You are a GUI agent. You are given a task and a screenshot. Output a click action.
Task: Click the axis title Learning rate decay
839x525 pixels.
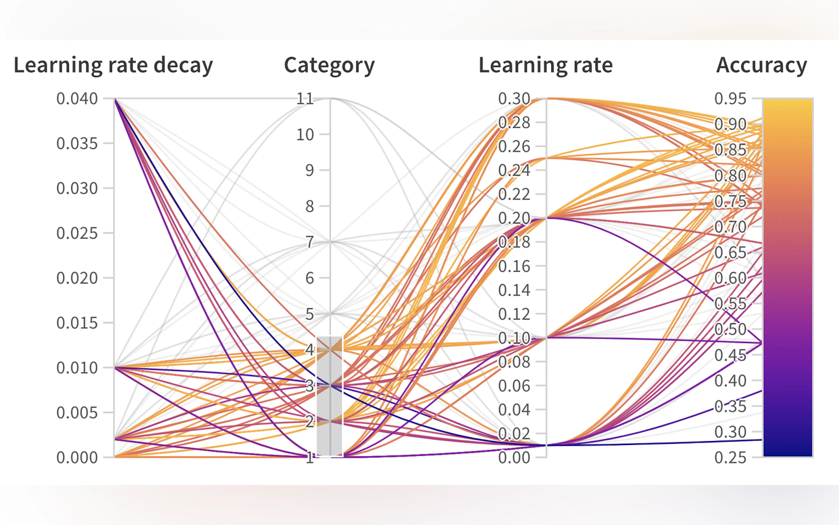click(113, 65)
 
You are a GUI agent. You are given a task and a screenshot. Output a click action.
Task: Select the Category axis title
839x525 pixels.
click(329, 65)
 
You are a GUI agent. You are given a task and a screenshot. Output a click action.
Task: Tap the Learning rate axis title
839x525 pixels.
click(546, 65)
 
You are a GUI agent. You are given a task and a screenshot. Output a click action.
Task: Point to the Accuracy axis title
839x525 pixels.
click(761, 65)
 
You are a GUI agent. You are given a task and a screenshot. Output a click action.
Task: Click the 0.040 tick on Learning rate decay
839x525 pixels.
click(77, 99)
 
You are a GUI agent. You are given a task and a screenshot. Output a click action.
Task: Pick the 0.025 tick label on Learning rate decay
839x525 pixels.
click(77, 233)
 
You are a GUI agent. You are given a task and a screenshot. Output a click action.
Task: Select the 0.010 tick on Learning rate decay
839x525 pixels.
click(77, 368)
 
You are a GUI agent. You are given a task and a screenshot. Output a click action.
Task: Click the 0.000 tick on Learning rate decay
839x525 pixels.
click(77, 458)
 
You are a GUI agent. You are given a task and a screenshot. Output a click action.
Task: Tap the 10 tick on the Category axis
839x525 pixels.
click(305, 135)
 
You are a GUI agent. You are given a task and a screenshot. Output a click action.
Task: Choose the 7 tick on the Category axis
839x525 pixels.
click(310, 242)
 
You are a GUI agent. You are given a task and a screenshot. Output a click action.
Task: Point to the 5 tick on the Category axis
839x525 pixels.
click(310, 314)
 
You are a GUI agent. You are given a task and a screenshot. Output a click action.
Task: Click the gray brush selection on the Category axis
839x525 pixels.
click(330, 396)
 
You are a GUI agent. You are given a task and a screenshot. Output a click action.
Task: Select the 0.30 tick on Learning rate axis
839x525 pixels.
click(514, 99)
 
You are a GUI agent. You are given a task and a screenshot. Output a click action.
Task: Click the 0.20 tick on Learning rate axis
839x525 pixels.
click(514, 219)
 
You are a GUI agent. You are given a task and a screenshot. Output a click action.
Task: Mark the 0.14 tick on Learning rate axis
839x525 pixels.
click(514, 290)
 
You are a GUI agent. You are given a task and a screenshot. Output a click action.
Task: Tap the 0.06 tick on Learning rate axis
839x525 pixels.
click(514, 386)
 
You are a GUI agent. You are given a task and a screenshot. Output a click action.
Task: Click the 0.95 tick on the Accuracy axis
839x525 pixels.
click(730, 99)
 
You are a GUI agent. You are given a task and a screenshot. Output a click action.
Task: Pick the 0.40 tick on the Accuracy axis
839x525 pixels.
click(730, 381)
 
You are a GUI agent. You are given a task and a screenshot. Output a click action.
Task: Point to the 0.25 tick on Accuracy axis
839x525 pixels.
click(730, 458)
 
